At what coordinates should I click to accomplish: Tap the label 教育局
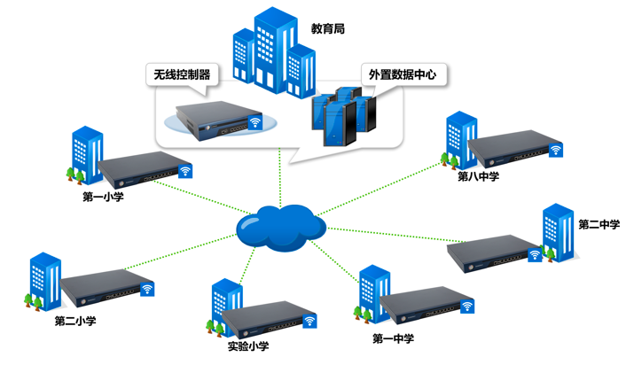coord(328,29)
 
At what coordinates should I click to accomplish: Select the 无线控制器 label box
coord(182,74)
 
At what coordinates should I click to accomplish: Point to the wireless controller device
coord(214,119)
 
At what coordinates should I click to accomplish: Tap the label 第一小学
coord(103,197)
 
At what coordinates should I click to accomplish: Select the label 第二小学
coord(75,321)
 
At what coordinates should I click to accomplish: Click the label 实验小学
coord(247,346)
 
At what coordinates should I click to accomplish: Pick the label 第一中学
coord(393,338)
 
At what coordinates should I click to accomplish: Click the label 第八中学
coord(478,176)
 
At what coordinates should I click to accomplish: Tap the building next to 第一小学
coord(85,154)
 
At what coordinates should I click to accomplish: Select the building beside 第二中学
coord(559,232)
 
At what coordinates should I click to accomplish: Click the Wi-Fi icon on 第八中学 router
coord(556,151)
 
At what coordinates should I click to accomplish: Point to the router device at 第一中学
coord(422,306)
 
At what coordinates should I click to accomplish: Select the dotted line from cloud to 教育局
coord(280,173)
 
